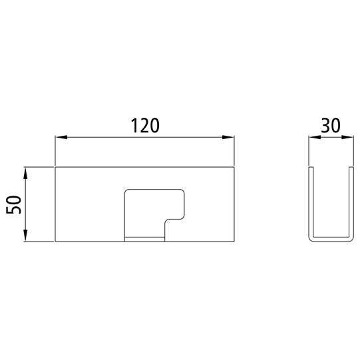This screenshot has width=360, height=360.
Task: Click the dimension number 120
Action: tap(145, 126)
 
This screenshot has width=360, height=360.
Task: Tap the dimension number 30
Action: tap(331, 126)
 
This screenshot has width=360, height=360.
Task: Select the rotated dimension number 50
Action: tap(14, 204)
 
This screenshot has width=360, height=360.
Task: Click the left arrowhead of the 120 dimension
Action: tap(61, 137)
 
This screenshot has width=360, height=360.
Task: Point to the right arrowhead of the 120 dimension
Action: tap(228, 137)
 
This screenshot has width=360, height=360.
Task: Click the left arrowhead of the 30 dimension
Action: tap(315, 137)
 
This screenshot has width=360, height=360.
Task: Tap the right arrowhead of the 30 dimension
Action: tap(347, 137)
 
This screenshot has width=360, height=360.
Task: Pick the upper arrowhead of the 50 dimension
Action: tap(25, 173)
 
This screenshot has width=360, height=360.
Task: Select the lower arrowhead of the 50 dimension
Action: tap(25, 236)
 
